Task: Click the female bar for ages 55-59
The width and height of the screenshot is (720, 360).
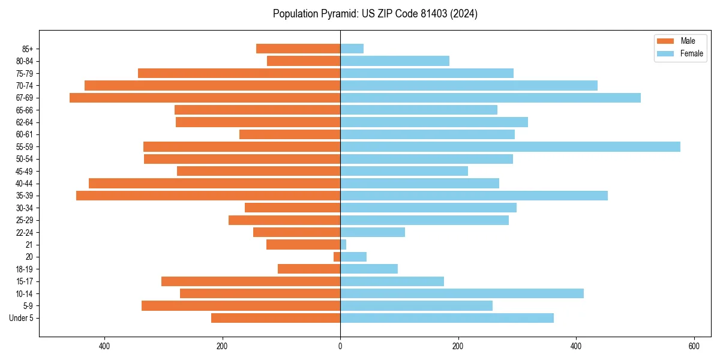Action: tap(510, 147)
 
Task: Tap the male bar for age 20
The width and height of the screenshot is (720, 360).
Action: tap(337, 257)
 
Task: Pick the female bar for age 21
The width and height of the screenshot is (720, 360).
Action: tap(343, 245)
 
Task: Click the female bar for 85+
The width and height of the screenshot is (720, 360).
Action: tap(352, 49)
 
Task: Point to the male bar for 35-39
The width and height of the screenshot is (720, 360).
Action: tap(208, 196)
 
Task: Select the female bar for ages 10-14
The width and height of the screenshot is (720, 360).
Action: tap(462, 293)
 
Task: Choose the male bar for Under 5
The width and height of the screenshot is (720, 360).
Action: tap(276, 318)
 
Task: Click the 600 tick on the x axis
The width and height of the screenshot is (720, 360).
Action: tap(694, 346)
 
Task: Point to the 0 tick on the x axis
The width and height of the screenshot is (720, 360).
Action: tap(340, 346)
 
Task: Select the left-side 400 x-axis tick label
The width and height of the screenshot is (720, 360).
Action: tap(104, 346)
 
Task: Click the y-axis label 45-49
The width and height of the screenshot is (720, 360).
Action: tap(25, 172)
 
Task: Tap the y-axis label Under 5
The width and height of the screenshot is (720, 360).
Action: tap(22, 318)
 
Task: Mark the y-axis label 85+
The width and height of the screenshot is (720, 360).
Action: tap(28, 49)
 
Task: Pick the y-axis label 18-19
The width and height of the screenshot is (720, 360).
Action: tap(25, 269)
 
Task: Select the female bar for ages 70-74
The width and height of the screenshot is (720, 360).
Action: tap(469, 86)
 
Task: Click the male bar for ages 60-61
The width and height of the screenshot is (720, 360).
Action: tap(290, 134)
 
